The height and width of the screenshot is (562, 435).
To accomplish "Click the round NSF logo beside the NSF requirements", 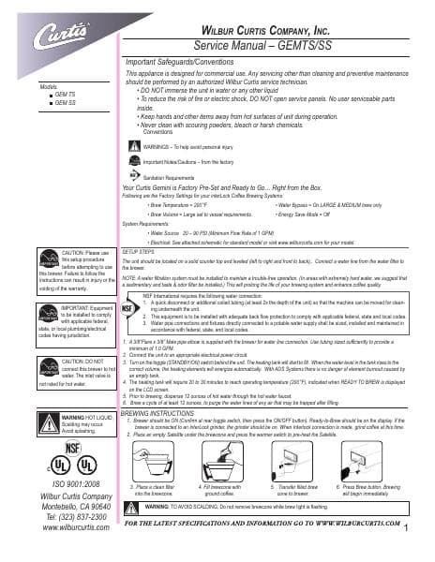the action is tap(133, 305).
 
